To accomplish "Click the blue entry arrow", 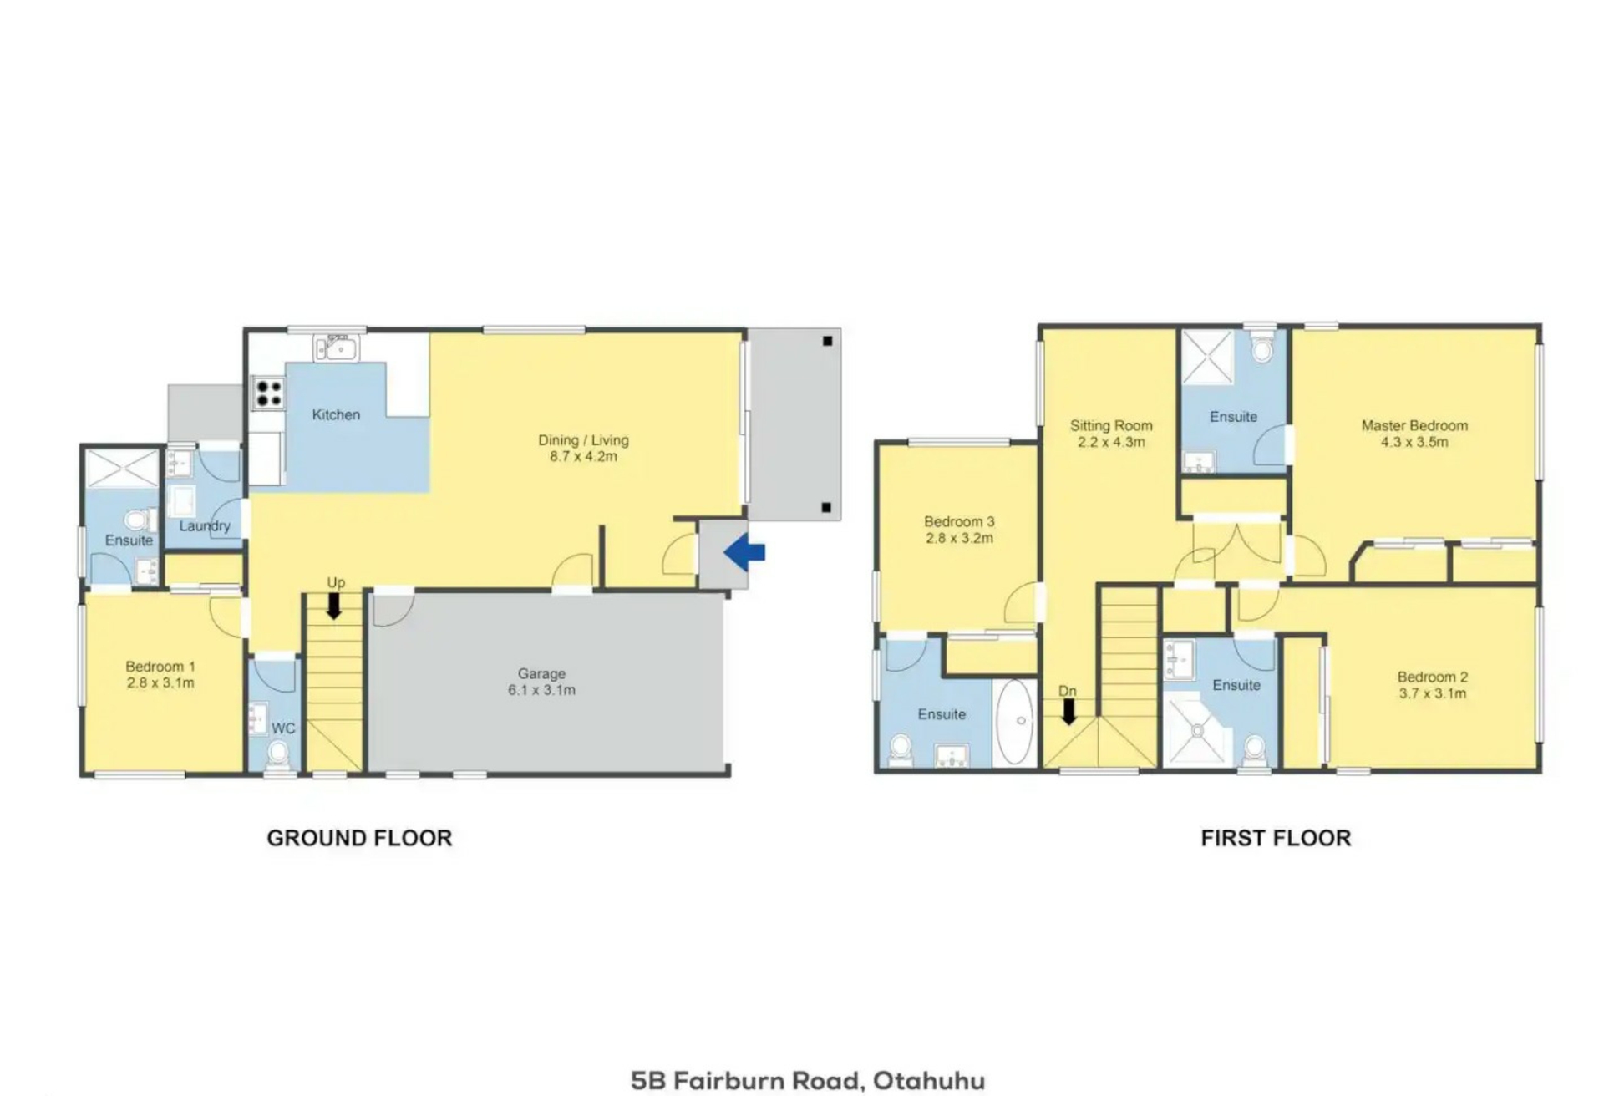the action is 744,552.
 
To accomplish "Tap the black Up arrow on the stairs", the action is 334,606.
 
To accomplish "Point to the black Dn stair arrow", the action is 1068,712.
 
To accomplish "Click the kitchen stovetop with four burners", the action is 268,393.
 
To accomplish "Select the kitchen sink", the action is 337,347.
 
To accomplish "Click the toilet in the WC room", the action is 278,754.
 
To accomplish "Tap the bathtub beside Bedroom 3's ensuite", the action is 1016,722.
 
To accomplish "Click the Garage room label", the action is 541,673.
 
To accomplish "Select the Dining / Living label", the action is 583,440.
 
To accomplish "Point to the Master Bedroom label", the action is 1414,425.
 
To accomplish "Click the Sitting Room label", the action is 1111,425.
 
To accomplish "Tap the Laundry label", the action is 205,526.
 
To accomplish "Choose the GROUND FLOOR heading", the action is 359,838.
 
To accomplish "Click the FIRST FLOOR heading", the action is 1276,838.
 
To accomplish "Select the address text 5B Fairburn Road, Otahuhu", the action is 808,1080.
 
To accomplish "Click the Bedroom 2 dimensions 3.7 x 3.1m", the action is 1433,693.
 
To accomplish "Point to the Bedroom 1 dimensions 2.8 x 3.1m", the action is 160,682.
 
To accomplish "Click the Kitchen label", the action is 336,414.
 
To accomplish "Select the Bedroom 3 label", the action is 959,521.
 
